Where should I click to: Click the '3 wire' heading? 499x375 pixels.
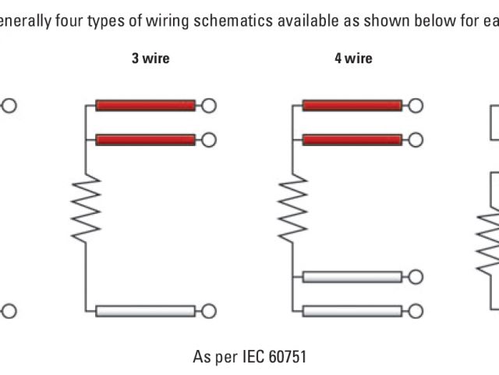[x=150, y=58]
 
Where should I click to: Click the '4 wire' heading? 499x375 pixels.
[x=353, y=58]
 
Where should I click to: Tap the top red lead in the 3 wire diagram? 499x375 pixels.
[x=145, y=105]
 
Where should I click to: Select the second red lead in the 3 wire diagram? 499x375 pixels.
[x=145, y=140]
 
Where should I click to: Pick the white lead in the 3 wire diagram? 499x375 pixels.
[x=145, y=311]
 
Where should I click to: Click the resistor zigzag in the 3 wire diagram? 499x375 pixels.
[x=86, y=206]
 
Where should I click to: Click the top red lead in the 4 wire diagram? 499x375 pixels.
[x=352, y=105]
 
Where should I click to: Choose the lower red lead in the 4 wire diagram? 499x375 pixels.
[x=352, y=140]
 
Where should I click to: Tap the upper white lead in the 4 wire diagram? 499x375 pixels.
[x=352, y=277]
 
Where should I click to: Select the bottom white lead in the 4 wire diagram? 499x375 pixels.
[x=352, y=311]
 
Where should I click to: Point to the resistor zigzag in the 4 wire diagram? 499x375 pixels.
[x=292, y=206]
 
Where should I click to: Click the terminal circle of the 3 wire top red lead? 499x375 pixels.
[x=208, y=105]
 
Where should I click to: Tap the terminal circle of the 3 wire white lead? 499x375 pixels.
[x=208, y=311]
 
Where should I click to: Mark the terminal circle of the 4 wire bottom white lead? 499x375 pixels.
[x=416, y=311]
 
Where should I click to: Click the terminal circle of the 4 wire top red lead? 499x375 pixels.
[x=416, y=105]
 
